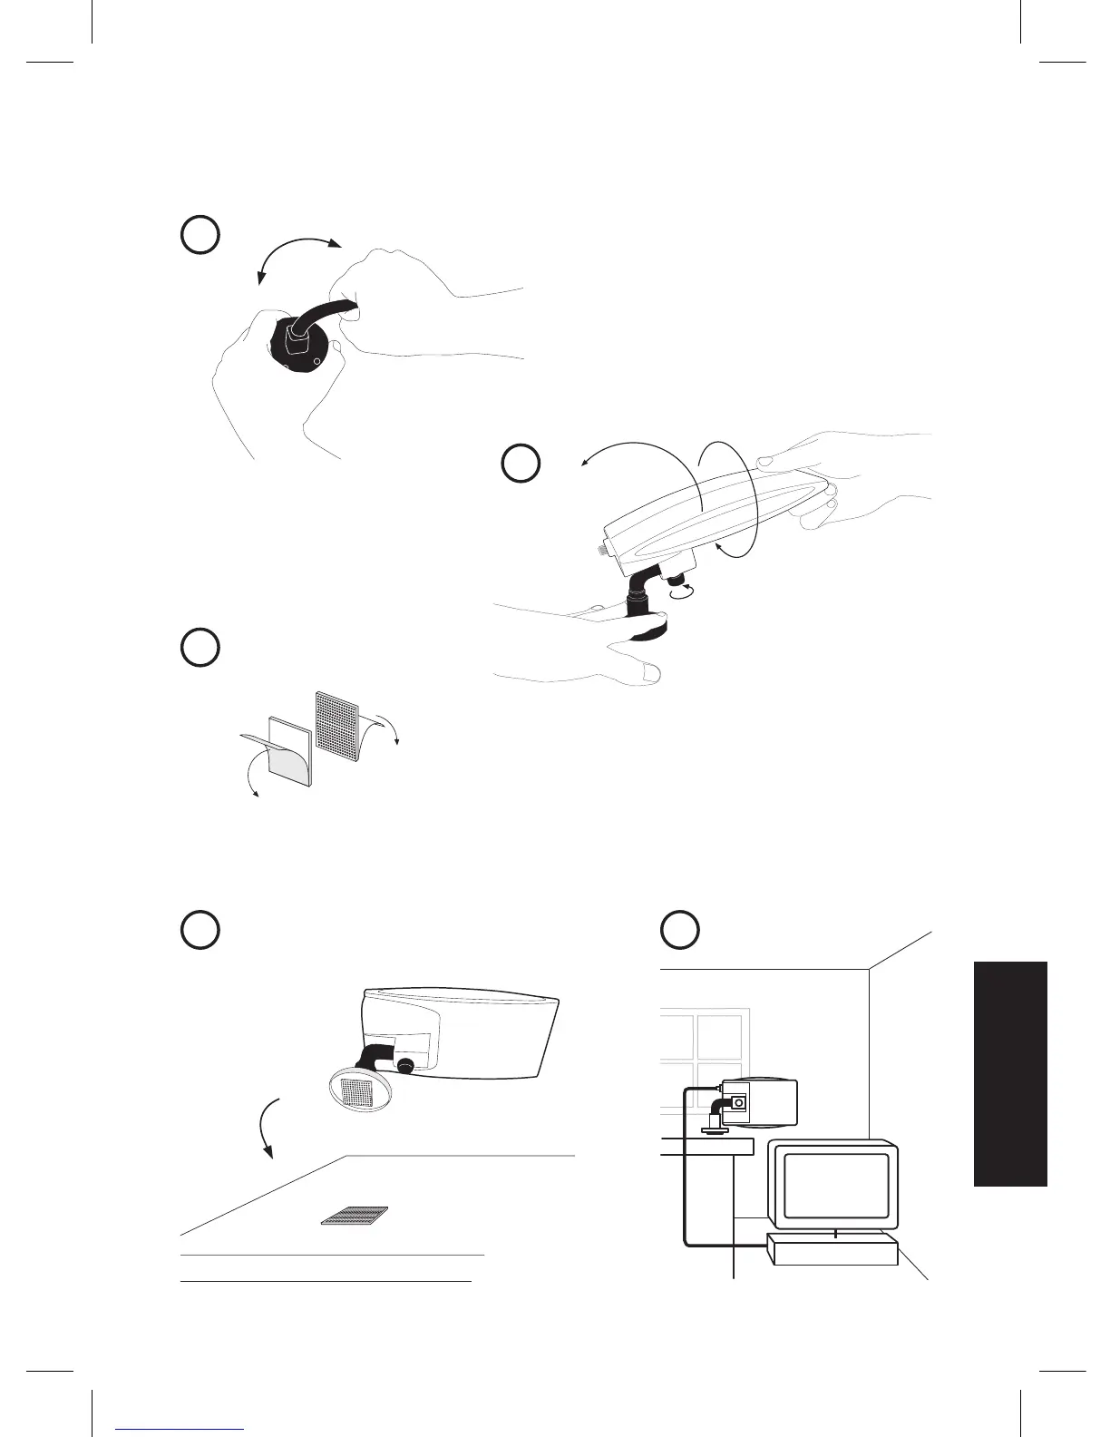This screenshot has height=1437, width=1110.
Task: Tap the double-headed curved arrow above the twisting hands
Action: (x=297, y=251)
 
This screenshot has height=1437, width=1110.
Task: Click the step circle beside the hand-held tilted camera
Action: (x=521, y=463)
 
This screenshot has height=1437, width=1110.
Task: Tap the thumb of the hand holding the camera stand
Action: (x=647, y=670)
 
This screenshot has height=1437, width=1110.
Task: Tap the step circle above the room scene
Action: (x=679, y=930)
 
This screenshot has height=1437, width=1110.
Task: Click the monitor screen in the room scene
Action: (x=835, y=1186)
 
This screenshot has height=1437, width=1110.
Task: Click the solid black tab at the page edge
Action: (x=1010, y=1073)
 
